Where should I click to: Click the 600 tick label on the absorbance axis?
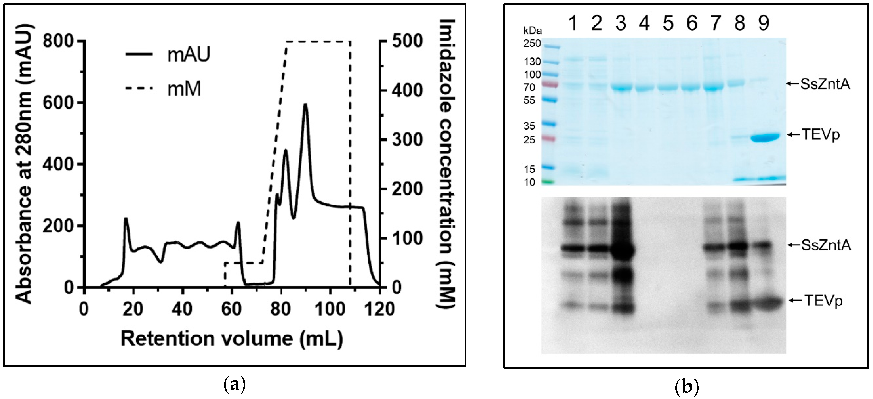click(x=58, y=103)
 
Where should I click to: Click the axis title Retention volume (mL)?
click(x=232, y=339)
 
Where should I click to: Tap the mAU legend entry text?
click(x=189, y=54)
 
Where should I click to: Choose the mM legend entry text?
click(x=184, y=89)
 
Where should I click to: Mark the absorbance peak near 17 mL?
click(x=126, y=219)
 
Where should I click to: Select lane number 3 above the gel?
click(x=621, y=23)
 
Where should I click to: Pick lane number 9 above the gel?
click(x=764, y=23)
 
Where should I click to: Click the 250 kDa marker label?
click(x=532, y=44)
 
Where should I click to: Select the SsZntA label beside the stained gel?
click(x=825, y=84)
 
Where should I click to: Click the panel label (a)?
click(x=235, y=386)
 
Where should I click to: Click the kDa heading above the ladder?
click(x=532, y=31)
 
